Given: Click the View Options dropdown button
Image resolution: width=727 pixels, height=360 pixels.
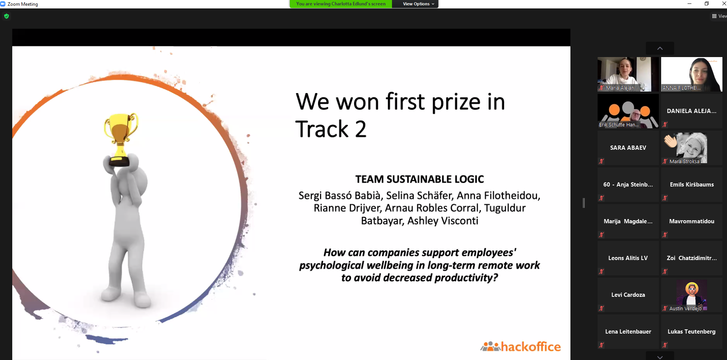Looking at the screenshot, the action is [418, 4].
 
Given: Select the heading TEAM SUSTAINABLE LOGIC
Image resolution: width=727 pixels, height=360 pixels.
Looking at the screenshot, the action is [420, 179].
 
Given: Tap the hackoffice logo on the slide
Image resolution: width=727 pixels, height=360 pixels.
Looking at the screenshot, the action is [521, 346].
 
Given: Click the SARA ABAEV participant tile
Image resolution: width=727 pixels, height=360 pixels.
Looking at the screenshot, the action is [628, 148].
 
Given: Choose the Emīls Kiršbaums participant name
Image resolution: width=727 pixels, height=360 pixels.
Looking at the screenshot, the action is [692, 185].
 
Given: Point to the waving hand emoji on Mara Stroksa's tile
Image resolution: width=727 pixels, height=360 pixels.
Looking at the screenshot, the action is [670, 141].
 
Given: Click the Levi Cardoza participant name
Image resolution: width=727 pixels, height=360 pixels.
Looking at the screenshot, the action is [628, 295].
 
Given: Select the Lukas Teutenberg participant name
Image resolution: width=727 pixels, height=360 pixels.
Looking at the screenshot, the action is [691, 332].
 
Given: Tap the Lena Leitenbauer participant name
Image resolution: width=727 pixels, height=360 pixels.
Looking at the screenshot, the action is [628, 332].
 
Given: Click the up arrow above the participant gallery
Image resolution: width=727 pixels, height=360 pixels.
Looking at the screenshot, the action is [660, 48].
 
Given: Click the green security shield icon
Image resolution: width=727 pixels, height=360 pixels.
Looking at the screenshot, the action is [7, 16].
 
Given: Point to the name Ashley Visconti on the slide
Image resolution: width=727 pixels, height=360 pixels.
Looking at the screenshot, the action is [443, 221].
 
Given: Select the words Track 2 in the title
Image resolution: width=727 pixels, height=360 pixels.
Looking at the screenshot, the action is [331, 129].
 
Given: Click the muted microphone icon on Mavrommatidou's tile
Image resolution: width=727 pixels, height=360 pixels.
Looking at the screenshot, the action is [665, 235].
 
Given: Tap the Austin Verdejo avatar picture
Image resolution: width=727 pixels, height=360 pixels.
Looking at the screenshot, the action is [692, 293].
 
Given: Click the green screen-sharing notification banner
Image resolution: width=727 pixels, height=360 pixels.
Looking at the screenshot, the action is [341, 4].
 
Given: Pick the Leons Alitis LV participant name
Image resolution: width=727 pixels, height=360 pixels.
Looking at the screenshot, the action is [628, 258].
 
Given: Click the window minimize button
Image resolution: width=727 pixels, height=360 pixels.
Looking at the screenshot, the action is [689, 4].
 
